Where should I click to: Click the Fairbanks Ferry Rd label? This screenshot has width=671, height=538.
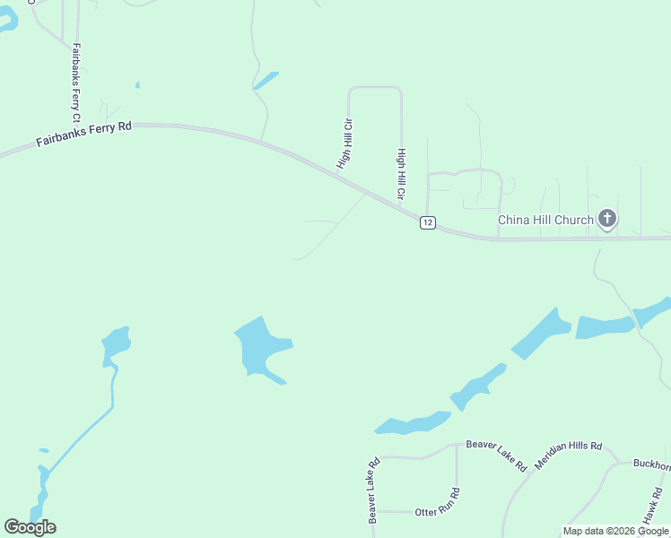pyautogui.click(x=83, y=134)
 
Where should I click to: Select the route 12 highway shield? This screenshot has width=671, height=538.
pyautogui.click(x=428, y=222)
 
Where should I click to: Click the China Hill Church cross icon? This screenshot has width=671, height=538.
pyautogui.click(x=607, y=218)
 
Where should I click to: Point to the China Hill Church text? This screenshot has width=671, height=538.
pyautogui.click(x=545, y=220)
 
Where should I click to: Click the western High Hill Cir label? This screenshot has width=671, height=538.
pyautogui.click(x=344, y=145)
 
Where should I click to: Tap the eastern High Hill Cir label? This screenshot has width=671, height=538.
pyautogui.click(x=402, y=175)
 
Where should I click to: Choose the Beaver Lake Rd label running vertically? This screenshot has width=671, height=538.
pyautogui.click(x=373, y=490)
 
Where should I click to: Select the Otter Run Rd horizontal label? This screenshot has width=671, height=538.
pyautogui.click(x=438, y=511)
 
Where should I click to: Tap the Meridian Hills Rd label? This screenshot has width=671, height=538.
pyautogui.click(x=568, y=456)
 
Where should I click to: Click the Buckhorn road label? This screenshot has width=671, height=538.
pyautogui.click(x=651, y=464)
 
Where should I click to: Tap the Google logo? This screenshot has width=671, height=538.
pyautogui.click(x=30, y=527)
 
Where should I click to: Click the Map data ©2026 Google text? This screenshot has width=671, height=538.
pyautogui.click(x=615, y=531)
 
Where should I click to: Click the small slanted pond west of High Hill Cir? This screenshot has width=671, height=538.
pyautogui.click(x=266, y=81)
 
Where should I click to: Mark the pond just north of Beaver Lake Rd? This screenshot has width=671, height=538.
pyautogui.click(x=413, y=422)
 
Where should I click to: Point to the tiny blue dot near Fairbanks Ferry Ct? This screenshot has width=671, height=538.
pyautogui.click(x=137, y=85)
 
